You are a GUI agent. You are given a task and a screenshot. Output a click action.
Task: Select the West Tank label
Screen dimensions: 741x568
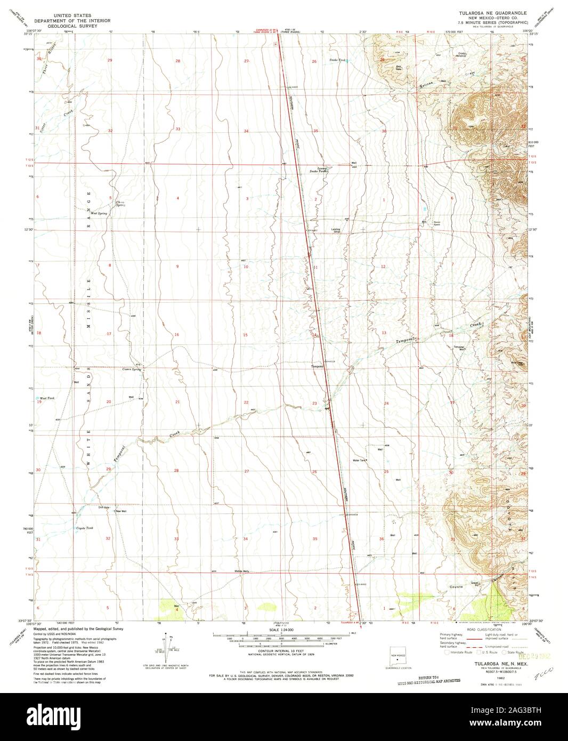pos(47,398)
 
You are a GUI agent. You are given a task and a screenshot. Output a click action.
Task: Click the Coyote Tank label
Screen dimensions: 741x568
pos(84,528)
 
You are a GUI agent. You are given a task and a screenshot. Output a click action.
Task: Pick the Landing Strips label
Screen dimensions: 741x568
pos(337,230)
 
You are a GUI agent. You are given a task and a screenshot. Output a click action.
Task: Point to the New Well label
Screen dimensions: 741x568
pos(120,511)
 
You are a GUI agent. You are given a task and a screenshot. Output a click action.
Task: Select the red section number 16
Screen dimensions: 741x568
pos(176,334)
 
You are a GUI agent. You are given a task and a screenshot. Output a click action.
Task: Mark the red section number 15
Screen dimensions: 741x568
pos(246,334)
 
